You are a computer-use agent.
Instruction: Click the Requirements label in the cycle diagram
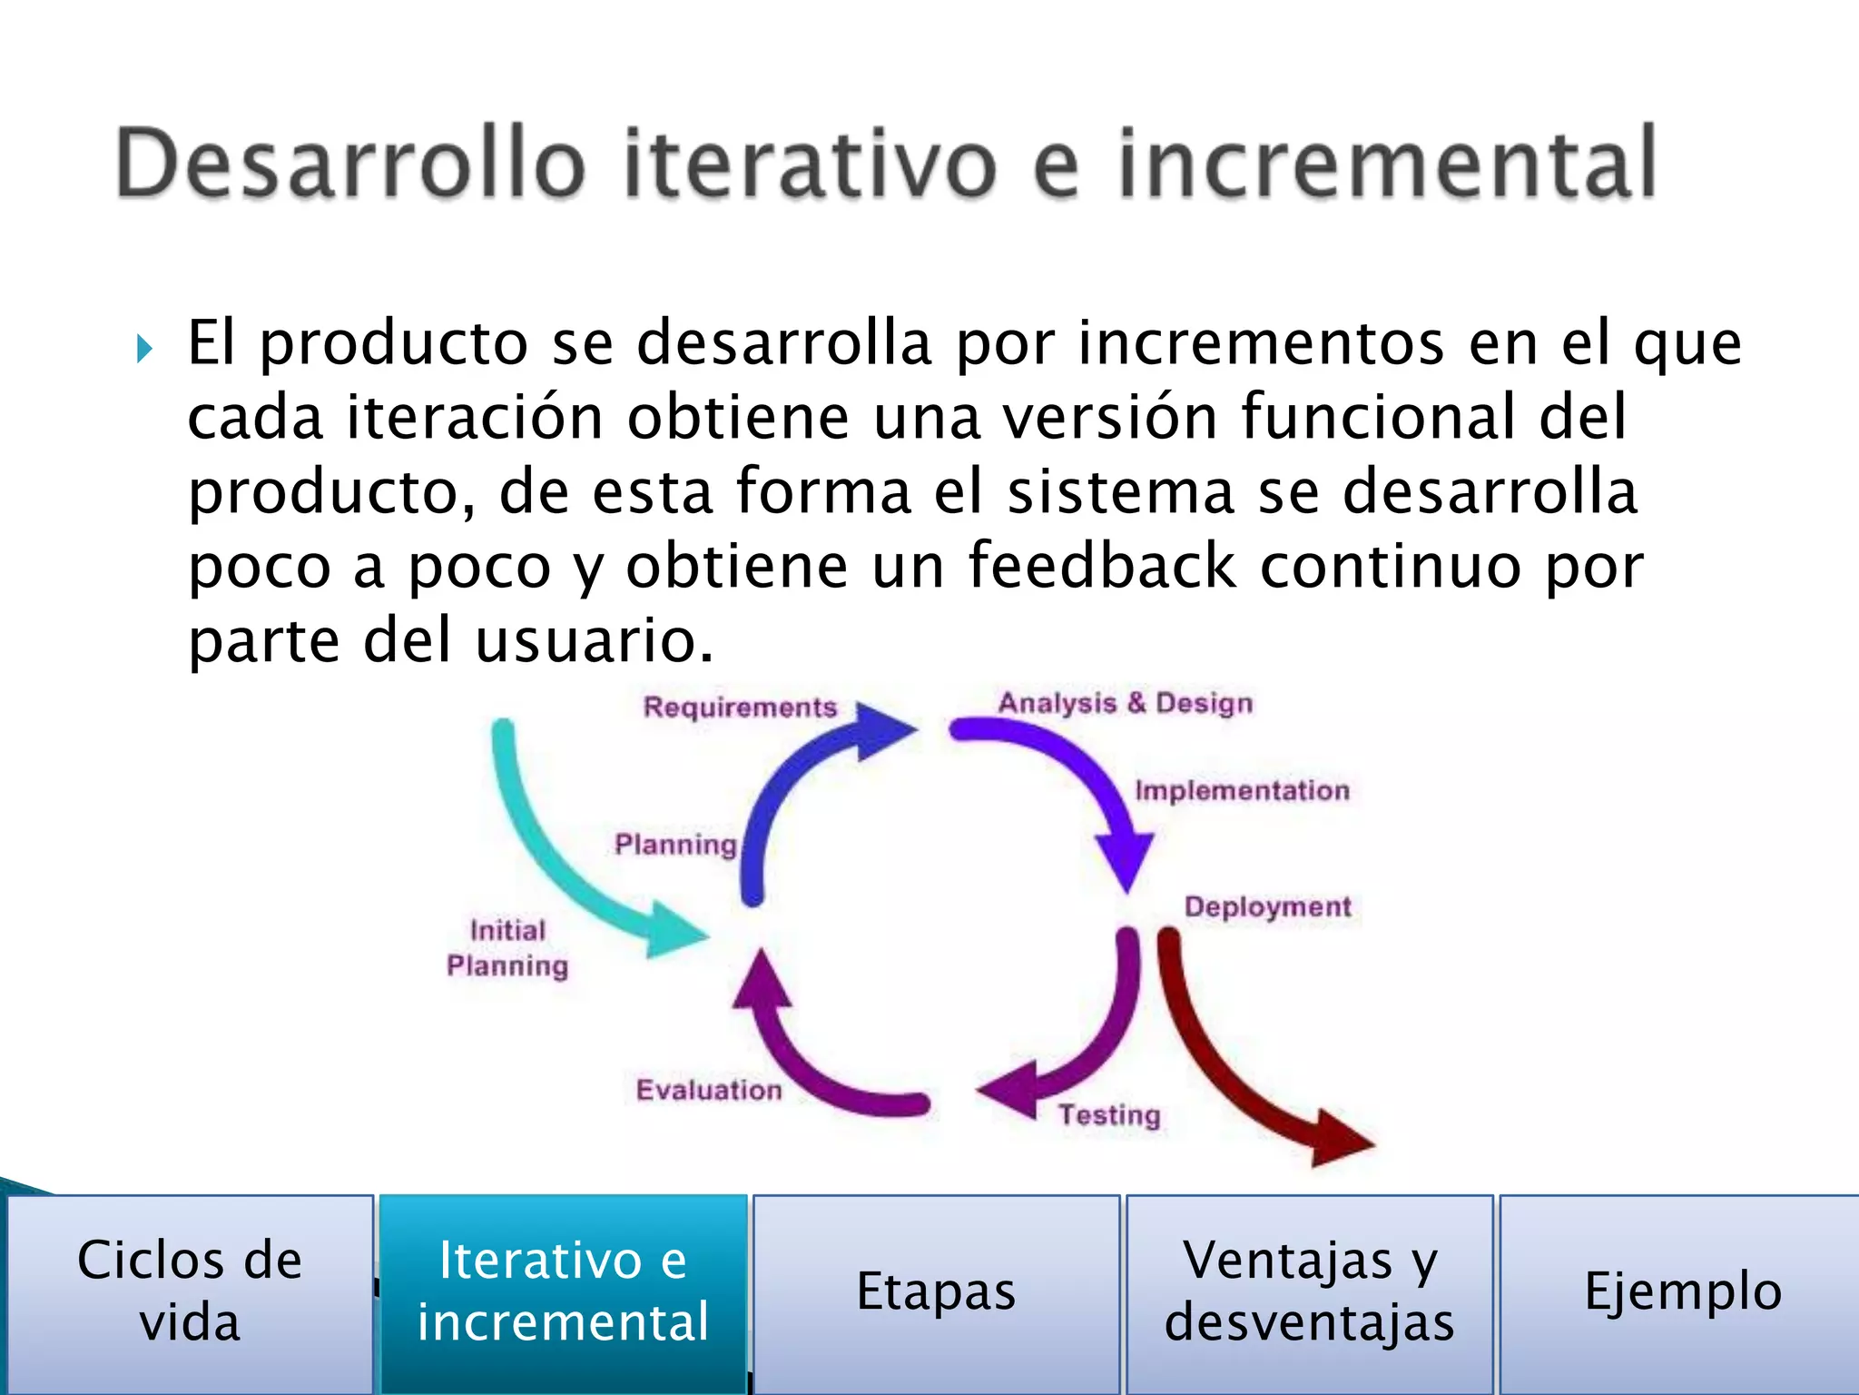point(740,707)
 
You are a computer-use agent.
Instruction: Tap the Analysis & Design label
point(1126,703)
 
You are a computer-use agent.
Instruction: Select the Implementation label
point(1242,790)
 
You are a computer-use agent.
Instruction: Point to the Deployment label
point(1267,906)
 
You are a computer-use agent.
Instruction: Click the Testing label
point(1109,1114)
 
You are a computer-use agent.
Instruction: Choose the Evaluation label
point(709,1090)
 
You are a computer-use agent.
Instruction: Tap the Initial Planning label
point(507,948)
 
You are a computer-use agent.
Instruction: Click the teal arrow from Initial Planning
point(563,863)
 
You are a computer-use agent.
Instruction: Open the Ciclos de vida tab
point(190,1291)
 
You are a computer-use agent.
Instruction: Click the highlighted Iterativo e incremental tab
point(563,1291)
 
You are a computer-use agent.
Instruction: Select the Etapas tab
point(936,1291)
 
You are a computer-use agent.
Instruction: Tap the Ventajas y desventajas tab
point(1310,1291)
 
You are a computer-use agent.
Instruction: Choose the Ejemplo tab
point(1682,1291)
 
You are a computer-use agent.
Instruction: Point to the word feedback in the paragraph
point(1102,566)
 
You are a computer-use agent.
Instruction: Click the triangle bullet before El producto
point(144,348)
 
